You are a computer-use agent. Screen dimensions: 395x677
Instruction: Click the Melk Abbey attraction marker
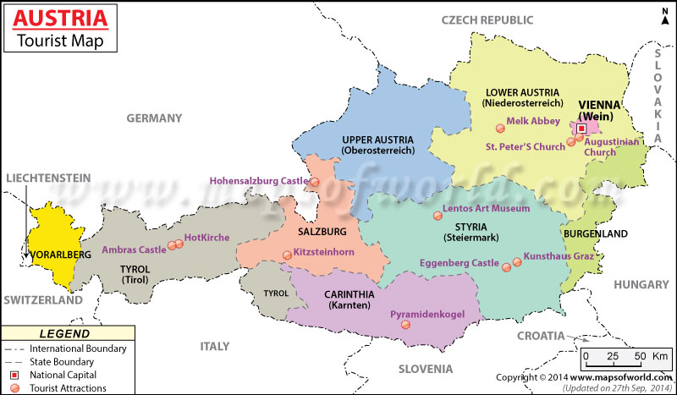click(x=500, y=129)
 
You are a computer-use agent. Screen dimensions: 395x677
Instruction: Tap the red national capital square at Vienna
click(x=582, y=129)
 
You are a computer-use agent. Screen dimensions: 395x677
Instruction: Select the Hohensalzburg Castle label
click(x=258, y=180)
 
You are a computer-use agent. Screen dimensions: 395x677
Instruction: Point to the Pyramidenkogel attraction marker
click(x=405, y=325)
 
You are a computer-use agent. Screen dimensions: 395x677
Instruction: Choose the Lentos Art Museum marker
click(x=437, y=217)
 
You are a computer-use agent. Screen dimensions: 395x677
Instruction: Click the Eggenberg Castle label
click(x=461, y=264)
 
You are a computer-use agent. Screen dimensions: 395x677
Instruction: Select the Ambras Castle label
click(x=134, y=250)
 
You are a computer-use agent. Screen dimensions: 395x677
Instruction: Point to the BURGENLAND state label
click(x=595, y=233)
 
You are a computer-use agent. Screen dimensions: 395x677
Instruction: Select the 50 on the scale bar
click(x=641, y=355)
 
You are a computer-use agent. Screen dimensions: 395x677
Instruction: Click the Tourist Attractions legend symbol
click(x=14, y=388)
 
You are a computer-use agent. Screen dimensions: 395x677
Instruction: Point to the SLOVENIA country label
click(x=427, y=369)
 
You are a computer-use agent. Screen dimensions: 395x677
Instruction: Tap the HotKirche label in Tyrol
click(x=206, y=238)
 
